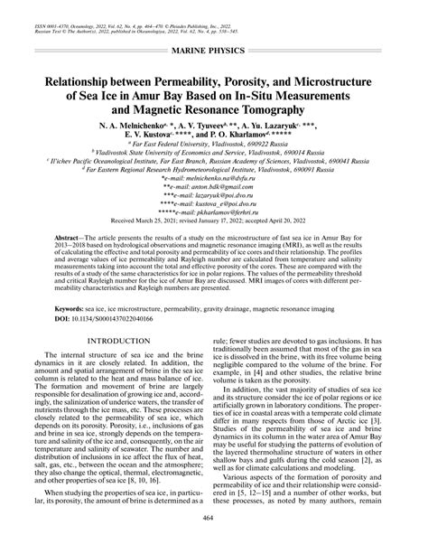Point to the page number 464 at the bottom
(214, 544)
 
